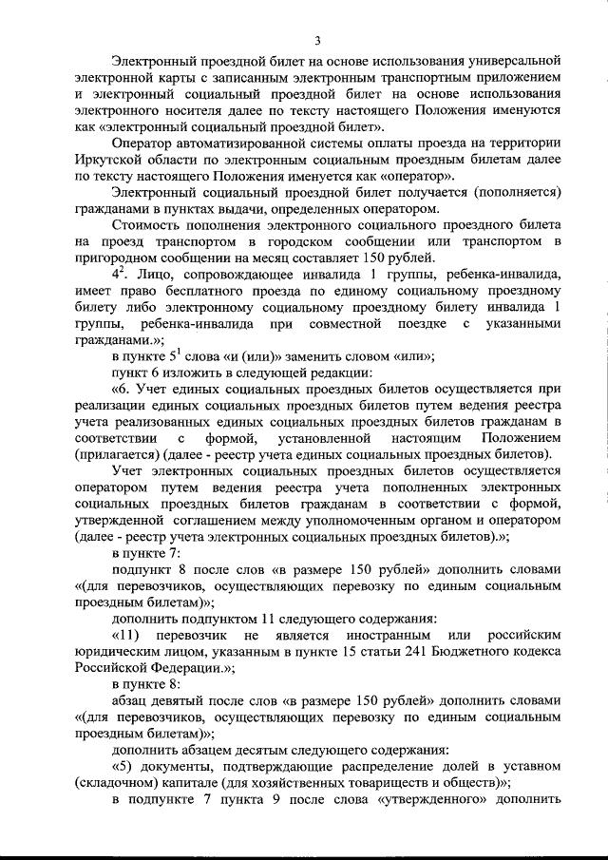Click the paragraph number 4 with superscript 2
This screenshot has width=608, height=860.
point(119,275)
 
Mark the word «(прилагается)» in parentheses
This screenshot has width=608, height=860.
point(116,454)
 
